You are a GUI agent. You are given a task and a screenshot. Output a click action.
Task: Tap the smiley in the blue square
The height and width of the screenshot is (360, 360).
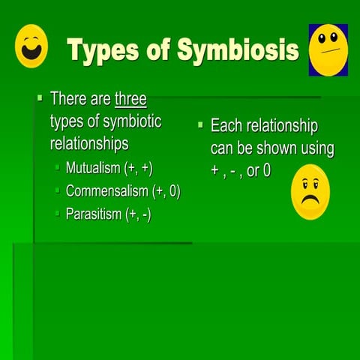328,49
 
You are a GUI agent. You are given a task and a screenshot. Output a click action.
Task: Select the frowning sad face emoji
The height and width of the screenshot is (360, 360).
310,193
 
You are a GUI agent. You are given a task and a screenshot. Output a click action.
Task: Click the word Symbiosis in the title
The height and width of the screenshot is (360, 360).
237,50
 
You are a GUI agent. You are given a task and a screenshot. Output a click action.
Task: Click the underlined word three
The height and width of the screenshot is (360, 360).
130,99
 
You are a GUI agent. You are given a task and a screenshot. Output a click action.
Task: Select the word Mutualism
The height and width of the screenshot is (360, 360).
93,167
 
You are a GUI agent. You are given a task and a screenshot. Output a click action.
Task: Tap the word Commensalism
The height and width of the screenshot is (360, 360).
106,190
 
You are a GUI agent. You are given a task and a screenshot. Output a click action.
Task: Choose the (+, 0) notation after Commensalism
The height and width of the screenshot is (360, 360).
166,190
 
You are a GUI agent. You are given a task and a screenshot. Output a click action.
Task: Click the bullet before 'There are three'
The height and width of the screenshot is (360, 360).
40,98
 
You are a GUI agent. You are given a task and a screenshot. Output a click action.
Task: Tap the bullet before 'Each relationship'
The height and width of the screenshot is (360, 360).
200,125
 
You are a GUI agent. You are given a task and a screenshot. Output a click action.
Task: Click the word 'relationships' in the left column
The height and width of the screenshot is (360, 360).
89,142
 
